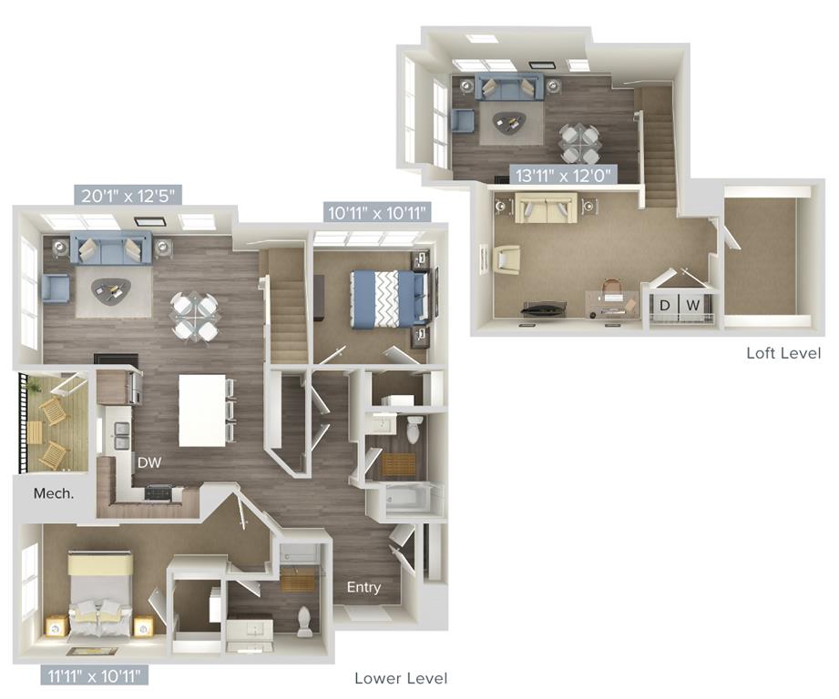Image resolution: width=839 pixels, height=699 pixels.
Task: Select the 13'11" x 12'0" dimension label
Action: click(x=565, y=175)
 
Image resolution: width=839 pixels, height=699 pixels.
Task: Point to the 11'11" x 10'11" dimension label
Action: click(x=94, y=675)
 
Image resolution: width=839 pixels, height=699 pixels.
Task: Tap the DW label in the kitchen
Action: click(x=150, y=462)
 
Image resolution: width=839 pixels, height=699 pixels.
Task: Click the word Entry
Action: click(x=363, y=587)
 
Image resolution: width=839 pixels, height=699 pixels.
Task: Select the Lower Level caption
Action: click(x=401, y=678)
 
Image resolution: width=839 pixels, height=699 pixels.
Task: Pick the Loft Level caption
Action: click(x=783, y=352)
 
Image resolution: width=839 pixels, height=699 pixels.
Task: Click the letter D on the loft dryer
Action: click(x=666, y=305)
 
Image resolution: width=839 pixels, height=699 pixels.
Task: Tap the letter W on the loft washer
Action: click(x=693, y=305)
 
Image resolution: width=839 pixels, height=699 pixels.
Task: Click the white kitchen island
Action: click(x=201, y=410)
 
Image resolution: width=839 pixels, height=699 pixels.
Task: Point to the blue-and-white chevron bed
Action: click(x=388, y=297)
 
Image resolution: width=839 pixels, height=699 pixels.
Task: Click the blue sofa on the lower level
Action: click(x=110, y=248)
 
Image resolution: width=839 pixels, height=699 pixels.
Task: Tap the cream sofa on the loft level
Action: click(x=547, y=208)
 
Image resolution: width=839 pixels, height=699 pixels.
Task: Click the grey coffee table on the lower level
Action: click(x=112, y=291)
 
